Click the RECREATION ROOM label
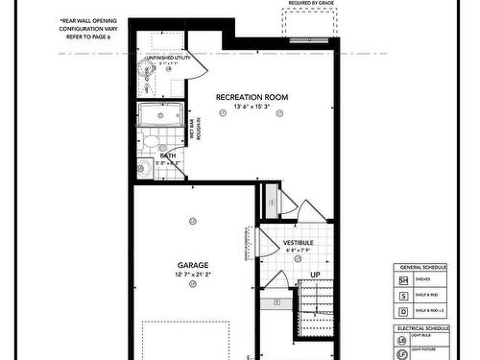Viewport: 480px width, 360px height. [x=252, y=97]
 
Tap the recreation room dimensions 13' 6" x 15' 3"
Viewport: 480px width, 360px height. [x=252, y=107]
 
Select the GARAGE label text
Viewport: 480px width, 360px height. [x=193, y=264]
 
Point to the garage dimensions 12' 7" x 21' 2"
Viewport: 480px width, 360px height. [x=193, y=275]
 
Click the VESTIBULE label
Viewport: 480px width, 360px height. [x=299, y=243]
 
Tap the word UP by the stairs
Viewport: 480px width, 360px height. [x=315, y=276]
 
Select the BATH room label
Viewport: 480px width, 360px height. [x=168, y=156]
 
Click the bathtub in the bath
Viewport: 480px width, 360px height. [x=157, y=117]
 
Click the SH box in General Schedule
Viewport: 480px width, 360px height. [x=403, y=279]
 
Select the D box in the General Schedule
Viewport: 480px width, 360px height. [x=403, y=311]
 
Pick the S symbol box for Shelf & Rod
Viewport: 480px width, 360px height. [x=403, y=295]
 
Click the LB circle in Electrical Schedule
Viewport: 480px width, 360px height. [x=403, y=341]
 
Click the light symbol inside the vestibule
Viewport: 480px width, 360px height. [x=298, y=259]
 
